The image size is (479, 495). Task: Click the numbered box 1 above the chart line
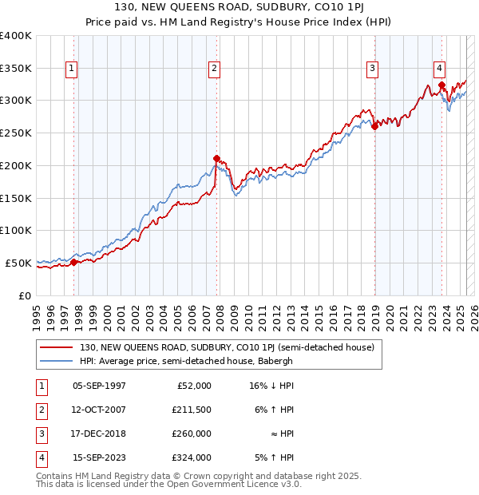tap(72, 69)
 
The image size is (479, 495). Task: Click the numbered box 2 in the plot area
tap(215, 69)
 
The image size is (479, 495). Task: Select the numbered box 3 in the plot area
tap(373, 69)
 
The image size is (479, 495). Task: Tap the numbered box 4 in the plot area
tap(440, 69)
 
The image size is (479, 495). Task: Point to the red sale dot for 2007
tap(216, 158)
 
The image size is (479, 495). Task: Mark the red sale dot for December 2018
tap(374, 125)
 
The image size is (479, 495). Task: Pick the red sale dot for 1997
tap(73, 262)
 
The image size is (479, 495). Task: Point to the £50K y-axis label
tap(19, 263)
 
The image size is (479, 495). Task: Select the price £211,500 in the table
tap(191, 410)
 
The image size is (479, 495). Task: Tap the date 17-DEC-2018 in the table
tap(99, 434)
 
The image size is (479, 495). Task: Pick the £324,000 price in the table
tap(191, 458)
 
